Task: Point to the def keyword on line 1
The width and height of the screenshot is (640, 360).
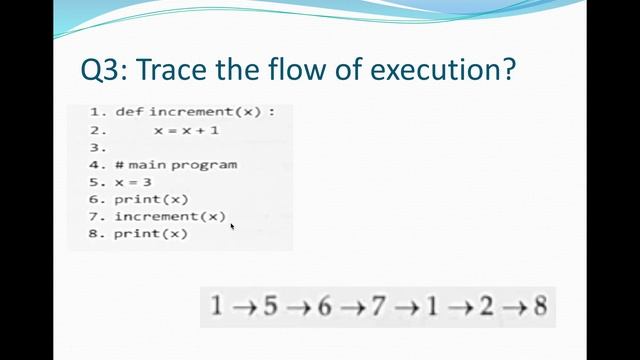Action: tap(130, 111)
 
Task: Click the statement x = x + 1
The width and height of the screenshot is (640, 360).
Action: tap(186, 130)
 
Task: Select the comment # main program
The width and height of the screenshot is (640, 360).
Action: tap(176, 164)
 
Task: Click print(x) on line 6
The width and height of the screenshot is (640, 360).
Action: tap(151, 199)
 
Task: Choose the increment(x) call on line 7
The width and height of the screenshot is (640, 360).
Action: tap(170, 216)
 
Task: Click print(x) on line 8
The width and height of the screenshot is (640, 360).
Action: tap(151, 233)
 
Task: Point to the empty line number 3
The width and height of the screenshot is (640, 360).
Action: tap(97, 147)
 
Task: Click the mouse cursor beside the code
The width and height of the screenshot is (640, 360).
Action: tap(233, 226)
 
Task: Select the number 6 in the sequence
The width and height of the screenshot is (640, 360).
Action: tap(323, 306)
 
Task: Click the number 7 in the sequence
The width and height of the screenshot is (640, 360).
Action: tap(377, 306)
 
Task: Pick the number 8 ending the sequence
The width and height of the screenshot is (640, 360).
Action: tap(540, 306)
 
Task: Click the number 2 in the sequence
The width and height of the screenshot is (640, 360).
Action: tap(486, 306)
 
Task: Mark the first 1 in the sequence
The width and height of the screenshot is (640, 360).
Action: tap(216, 306)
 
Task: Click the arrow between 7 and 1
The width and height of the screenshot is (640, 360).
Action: tap(404, 307)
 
